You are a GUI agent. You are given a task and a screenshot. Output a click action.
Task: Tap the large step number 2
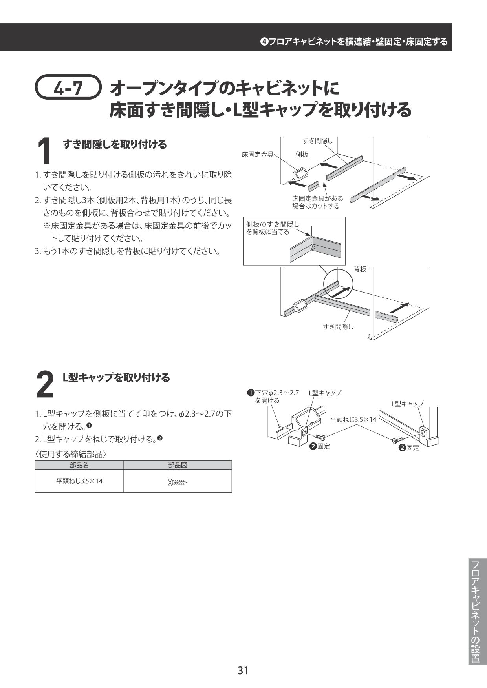pyautogui.click(x=45, y=384)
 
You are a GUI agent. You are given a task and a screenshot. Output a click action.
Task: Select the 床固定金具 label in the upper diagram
pyautogui.click(x=258, y=155)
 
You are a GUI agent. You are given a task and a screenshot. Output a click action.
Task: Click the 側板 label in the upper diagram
pyautogui.click(x=302, y=155)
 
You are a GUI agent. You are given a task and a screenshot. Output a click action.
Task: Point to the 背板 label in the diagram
pyautogui.click(x=360, y=269)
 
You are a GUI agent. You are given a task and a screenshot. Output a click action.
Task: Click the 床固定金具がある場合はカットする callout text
pyautogui.click(x=317, y=202)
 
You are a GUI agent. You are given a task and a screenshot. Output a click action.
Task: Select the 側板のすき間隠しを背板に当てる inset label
pyautogui.click(x=273, y=228)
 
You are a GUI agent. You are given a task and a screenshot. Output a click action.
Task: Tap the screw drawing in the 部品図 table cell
pyautogui.click(x=178, y=482)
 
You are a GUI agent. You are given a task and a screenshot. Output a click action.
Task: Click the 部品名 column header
pyautogui.click(x=79, y=465)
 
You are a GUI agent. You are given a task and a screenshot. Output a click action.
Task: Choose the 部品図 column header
pyautogui.click(x=178, y=465)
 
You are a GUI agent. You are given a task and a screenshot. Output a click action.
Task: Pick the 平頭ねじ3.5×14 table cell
pyautogui.click(x=79, y=481)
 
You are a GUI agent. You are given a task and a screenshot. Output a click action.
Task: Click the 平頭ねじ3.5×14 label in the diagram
pyautogui.click(x=353, y=419)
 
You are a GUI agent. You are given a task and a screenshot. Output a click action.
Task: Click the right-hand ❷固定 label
pyautogui.click(x=409, y=448)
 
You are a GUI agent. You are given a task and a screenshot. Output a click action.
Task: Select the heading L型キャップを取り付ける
pyautogui.click(x=117, y=377)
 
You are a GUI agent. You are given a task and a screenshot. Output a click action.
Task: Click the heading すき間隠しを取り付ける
pyautogui.click(x=115, y=144)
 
